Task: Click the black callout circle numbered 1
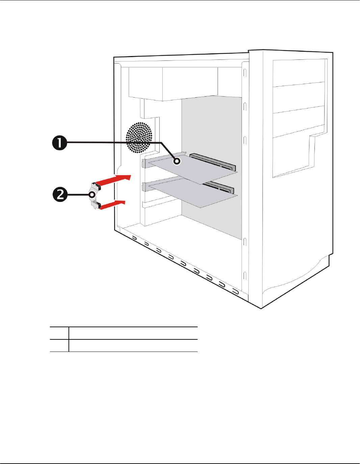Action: click(59, 143)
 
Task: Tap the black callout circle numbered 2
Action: click(60, 195)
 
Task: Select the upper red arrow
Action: click(115, 180)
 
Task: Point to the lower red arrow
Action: click(113, 204)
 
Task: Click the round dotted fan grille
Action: click(139, 137)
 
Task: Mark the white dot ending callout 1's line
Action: click(176, 162)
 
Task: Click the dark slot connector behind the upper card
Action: click(213, 161)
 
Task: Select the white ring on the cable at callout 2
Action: click(92, 195)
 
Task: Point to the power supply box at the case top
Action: click(173, 83)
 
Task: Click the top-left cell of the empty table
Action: click(59, 333)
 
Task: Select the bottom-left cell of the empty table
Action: click(59, 345)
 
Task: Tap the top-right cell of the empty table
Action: click(133, 333)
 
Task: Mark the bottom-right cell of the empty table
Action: click(133, 345)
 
